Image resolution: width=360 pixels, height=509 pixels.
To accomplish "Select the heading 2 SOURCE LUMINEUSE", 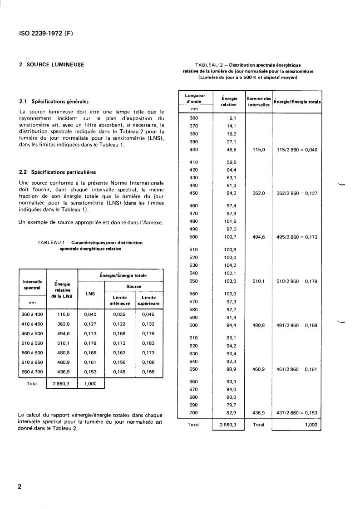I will click(51, 64).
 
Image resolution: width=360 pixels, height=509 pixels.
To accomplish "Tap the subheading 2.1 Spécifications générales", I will click(54, 101).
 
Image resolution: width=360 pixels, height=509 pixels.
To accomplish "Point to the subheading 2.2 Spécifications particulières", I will click(57, 172).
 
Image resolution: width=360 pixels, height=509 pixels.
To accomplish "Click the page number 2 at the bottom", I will click(20, 487).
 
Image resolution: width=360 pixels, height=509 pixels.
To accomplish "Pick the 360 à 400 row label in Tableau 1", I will click(32, 314).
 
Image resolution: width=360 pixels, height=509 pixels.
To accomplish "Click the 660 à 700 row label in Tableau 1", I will click(32, 372).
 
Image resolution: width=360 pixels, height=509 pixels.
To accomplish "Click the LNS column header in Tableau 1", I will click(90, 294).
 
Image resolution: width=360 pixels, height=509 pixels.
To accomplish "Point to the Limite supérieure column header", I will click(148, 300).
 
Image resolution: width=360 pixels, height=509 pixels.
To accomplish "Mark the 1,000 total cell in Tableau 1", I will click(90, 383).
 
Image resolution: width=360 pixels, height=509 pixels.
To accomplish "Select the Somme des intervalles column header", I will click(258, 102).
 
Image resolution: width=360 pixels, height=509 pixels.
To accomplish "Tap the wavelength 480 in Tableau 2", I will click(193, 221).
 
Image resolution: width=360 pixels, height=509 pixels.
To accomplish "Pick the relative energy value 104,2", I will click(232, 265).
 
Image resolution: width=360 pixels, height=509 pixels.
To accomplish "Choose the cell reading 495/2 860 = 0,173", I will click(297, 237).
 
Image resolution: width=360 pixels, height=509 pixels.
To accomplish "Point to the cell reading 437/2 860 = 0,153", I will click(297, 412).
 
